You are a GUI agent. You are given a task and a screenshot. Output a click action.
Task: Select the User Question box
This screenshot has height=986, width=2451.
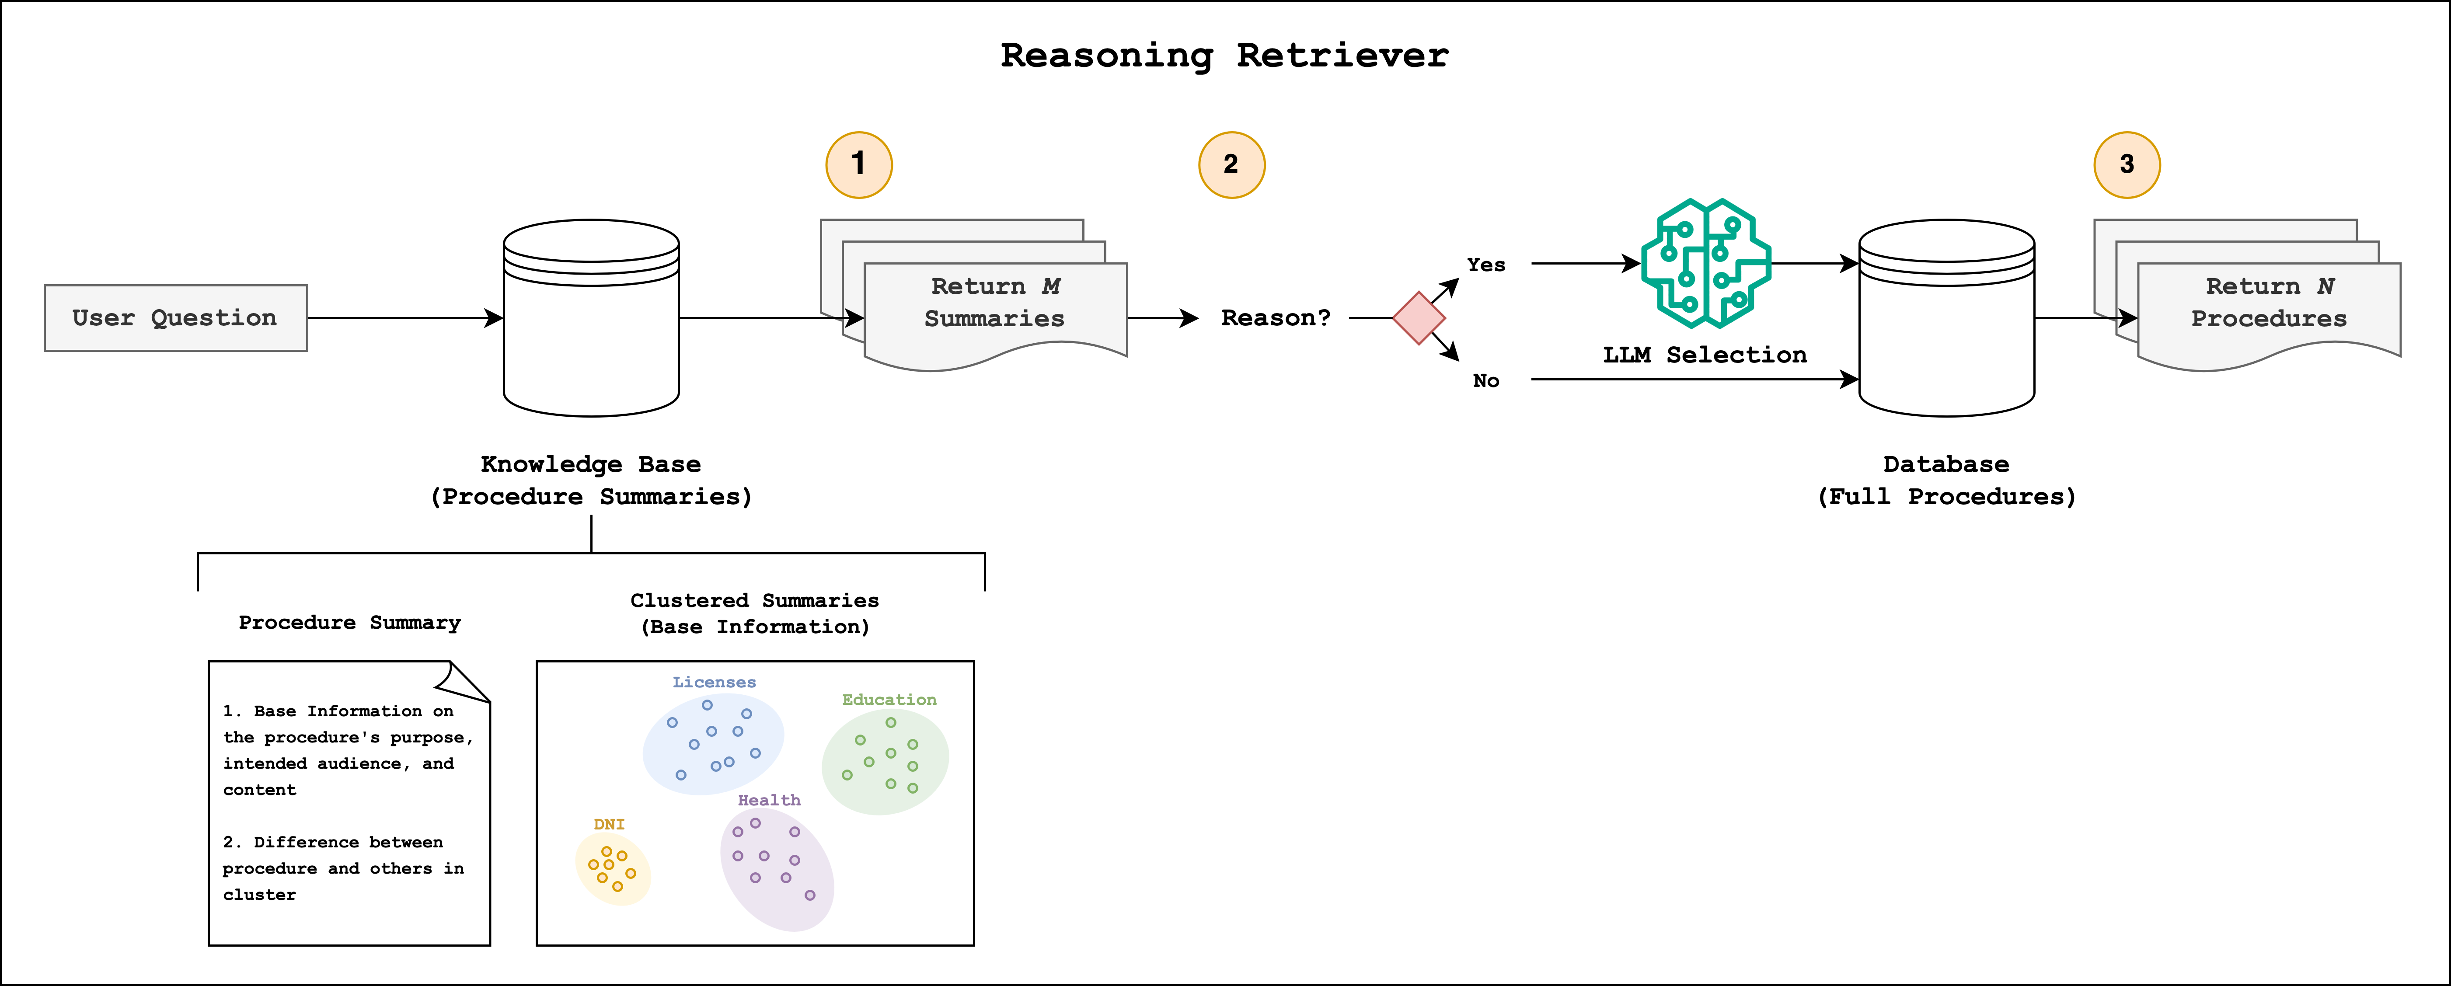[x=175, y=318]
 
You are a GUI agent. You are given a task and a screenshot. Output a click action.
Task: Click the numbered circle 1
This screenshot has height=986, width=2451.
[x=858, y=165]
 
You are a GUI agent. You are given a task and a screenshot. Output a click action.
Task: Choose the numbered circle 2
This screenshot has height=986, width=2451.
[x=1231, y=165]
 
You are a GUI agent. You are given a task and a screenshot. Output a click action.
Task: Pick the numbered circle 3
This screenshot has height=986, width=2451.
[x=2127, y=165]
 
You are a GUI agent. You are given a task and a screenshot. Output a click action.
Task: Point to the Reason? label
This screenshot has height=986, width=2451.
[x=1275, y=318]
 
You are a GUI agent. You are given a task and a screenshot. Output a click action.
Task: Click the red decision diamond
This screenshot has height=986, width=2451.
[x=1419, y=318]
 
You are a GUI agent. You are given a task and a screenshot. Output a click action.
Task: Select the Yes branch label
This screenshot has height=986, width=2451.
[x=1485, y=265]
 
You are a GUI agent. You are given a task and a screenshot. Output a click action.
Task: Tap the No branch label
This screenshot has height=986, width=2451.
[x=1485, y=381]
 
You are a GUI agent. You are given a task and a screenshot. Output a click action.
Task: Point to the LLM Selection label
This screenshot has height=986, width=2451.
[x=1704, y=355]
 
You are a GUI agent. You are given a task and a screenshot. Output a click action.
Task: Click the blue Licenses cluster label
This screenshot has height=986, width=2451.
[x=714, y=683]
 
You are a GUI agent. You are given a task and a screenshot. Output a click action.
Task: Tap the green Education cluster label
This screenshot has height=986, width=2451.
[x=889, y=700]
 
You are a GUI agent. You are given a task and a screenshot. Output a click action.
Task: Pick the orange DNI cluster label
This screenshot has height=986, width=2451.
[x=609, y=824]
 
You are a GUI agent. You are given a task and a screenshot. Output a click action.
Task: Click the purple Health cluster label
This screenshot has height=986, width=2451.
[x=769, y=801]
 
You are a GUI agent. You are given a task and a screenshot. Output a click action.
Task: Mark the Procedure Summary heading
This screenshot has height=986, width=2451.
[x=349, y=623]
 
